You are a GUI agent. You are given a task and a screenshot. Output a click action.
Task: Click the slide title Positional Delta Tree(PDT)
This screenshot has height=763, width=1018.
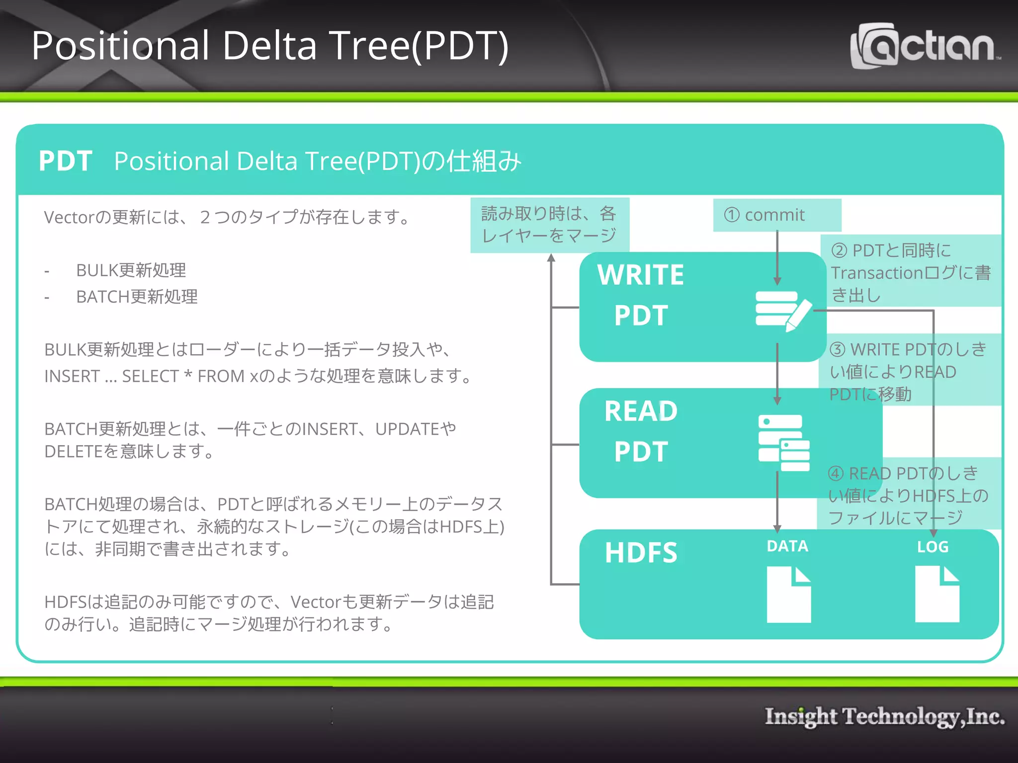[270, 46]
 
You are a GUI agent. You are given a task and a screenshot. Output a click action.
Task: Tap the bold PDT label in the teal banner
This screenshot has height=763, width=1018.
[65, 161]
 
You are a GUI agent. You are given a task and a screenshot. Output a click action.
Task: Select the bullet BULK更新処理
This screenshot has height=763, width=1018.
[131, 270]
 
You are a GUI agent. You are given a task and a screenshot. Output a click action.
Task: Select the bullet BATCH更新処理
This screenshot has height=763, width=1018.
[137, 297]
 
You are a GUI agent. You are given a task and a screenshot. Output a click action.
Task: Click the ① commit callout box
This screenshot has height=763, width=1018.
[776, 215]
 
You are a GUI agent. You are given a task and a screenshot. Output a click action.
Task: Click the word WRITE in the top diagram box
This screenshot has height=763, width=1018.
[640, 275]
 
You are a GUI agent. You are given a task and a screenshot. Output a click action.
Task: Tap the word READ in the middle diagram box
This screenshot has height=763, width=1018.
[640, 411]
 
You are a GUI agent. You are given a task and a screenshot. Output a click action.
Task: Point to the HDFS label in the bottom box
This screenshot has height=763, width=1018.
[640, 552]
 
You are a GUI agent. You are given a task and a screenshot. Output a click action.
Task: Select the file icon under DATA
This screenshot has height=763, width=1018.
[788, 595]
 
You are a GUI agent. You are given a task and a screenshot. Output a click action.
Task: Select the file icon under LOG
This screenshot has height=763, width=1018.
[936, 594]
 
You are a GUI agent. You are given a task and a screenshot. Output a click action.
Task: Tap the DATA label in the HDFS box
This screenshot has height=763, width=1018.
[787, 546]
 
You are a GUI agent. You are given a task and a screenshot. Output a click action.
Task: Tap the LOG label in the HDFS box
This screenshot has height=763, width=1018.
[933, 547]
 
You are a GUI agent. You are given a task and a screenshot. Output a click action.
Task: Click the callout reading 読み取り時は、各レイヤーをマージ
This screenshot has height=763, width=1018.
[549, 225]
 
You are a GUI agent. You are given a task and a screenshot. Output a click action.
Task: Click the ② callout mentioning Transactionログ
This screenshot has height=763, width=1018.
[911, 272]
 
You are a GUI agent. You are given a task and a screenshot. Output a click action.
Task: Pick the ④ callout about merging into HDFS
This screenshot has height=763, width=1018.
[908, 495]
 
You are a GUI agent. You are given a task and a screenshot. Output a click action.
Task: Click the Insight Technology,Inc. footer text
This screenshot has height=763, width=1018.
[884, 716]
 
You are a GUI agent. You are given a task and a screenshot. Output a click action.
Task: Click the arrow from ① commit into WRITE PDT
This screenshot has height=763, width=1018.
[777, 258]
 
